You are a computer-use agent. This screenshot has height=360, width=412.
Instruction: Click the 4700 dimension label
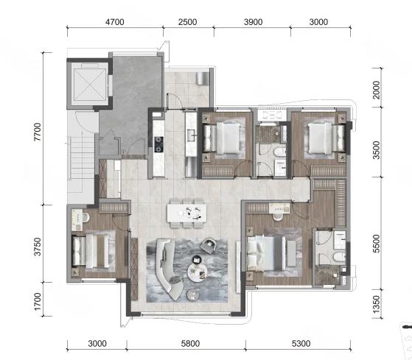(114, 22)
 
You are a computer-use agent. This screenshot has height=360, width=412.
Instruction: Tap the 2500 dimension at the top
(188, 22)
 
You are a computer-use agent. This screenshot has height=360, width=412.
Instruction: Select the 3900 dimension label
(253, 22)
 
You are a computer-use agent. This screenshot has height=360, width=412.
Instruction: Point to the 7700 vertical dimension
(38, 132)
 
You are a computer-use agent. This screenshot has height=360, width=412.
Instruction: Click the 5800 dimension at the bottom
(190, 343)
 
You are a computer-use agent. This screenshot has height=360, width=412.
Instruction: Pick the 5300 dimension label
(301, 343)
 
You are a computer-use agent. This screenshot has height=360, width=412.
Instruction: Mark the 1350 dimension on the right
(377, 304)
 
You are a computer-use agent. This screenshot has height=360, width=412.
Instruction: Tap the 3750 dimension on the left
(38, 247)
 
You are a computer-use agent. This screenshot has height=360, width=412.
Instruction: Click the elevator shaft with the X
(90, 85)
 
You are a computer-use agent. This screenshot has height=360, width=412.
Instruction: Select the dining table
(186, 213)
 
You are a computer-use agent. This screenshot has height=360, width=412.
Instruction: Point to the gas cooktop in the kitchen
(158, 144)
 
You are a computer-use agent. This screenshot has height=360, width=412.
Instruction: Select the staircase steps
(83, 158)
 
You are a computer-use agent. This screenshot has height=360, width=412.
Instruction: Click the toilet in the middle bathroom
(279, 152)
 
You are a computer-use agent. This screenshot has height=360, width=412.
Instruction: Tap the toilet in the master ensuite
(339, 257)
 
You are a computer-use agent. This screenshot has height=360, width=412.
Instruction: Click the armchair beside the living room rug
(209, 246)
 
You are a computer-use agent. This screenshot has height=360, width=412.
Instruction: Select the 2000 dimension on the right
(377, 90)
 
